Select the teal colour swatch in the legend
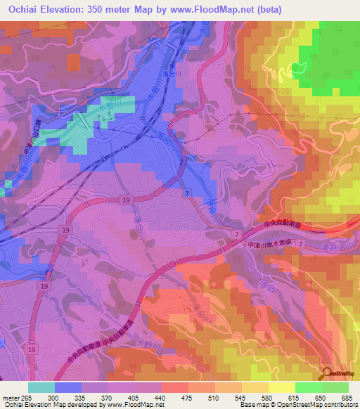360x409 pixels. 41,387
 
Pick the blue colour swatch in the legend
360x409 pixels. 68,387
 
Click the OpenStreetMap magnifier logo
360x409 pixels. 327,372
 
